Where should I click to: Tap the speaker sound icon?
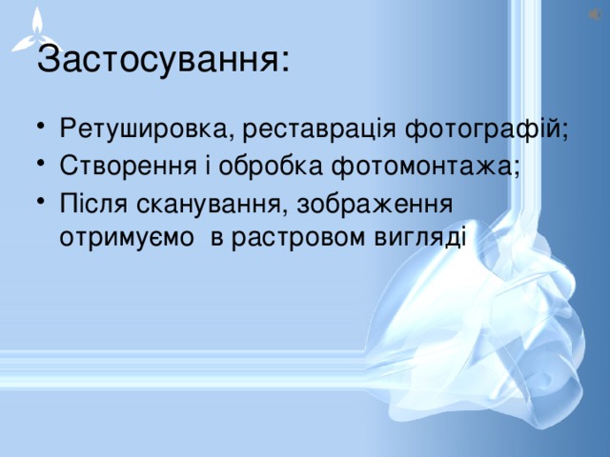tap(594, 12)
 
